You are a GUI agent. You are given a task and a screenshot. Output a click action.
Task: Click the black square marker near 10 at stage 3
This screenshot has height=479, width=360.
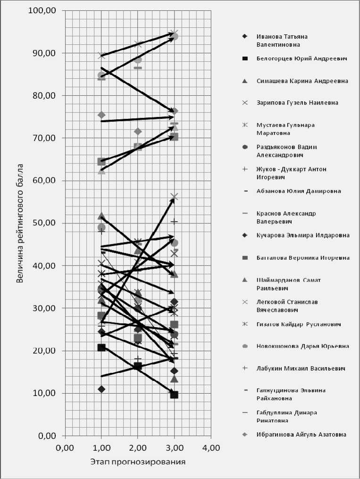click(x=174, y=395)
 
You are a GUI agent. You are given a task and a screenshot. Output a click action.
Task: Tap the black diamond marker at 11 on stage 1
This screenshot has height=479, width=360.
click(x=101, y=389)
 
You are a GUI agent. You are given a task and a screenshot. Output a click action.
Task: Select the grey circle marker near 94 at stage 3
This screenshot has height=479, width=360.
click(x=174, y=36)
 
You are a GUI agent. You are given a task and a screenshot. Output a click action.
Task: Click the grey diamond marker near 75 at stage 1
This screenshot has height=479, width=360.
click(x=101, y=115)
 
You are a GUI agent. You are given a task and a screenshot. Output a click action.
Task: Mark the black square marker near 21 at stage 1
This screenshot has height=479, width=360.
click(x=101, y=347)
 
